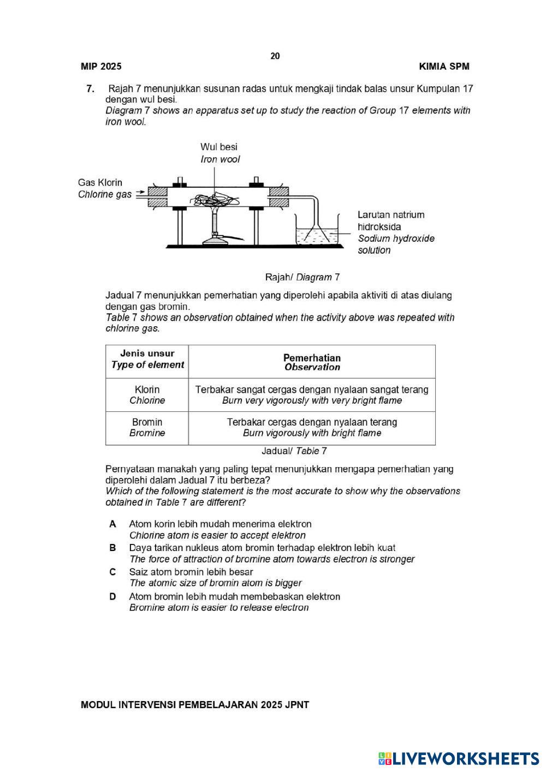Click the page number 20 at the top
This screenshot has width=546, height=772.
275,56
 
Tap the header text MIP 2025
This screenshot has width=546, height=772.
101,67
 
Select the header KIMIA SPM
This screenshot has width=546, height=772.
444,67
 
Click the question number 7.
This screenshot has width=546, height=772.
90,88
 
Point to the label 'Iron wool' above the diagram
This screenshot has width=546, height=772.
220,159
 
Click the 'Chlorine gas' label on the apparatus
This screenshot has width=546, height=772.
104,195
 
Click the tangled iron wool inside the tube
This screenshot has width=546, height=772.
215,199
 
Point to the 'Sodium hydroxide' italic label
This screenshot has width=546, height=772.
396,238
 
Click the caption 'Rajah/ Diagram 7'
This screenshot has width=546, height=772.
302,277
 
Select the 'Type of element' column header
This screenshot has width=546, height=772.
147,365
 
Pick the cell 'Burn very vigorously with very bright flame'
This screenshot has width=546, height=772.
312,400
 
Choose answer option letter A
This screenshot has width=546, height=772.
112,524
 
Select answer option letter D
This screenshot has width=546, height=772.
112,596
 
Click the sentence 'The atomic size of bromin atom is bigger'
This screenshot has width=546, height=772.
215,583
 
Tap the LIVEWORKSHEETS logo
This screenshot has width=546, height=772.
459,758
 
